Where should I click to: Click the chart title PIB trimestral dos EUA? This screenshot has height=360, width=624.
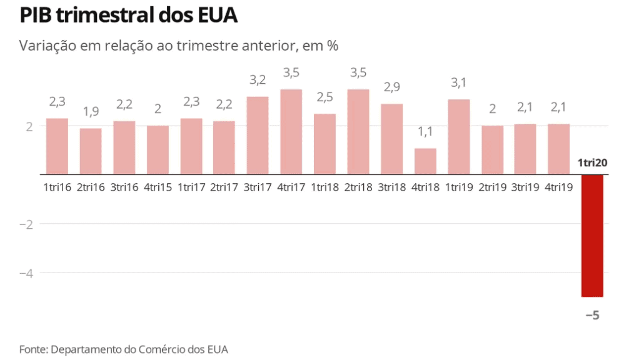click(x=128, y=15)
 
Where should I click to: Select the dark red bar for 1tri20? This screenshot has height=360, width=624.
click(x=591, y=236)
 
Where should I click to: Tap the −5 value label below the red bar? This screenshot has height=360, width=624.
click(x=592, y=316)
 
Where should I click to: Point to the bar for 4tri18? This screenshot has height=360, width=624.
click(x=425, y=161)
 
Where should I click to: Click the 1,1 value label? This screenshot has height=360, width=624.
click(x=425, y=132)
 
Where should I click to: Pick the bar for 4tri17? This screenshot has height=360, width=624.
click(x=291, y=132)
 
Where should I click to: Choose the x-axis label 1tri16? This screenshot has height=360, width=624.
click(x=57, y=187)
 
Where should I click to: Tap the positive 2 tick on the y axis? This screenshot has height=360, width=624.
click(x=29, y=126)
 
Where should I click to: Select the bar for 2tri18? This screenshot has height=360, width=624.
click(x=358, y=132)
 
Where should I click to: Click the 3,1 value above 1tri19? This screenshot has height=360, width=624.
click(x=458, y=82)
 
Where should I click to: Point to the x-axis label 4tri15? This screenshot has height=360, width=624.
click(x=158, y=187)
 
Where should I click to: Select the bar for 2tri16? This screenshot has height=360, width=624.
click(x=91, y=151)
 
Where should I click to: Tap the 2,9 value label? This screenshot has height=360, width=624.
click(x=392, y=87)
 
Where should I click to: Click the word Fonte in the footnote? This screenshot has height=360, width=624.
click(x=33, y=349)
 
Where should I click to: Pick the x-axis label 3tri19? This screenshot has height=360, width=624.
click(x=526, y=187)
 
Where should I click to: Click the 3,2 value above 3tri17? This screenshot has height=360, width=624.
click(x=258, y=80)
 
